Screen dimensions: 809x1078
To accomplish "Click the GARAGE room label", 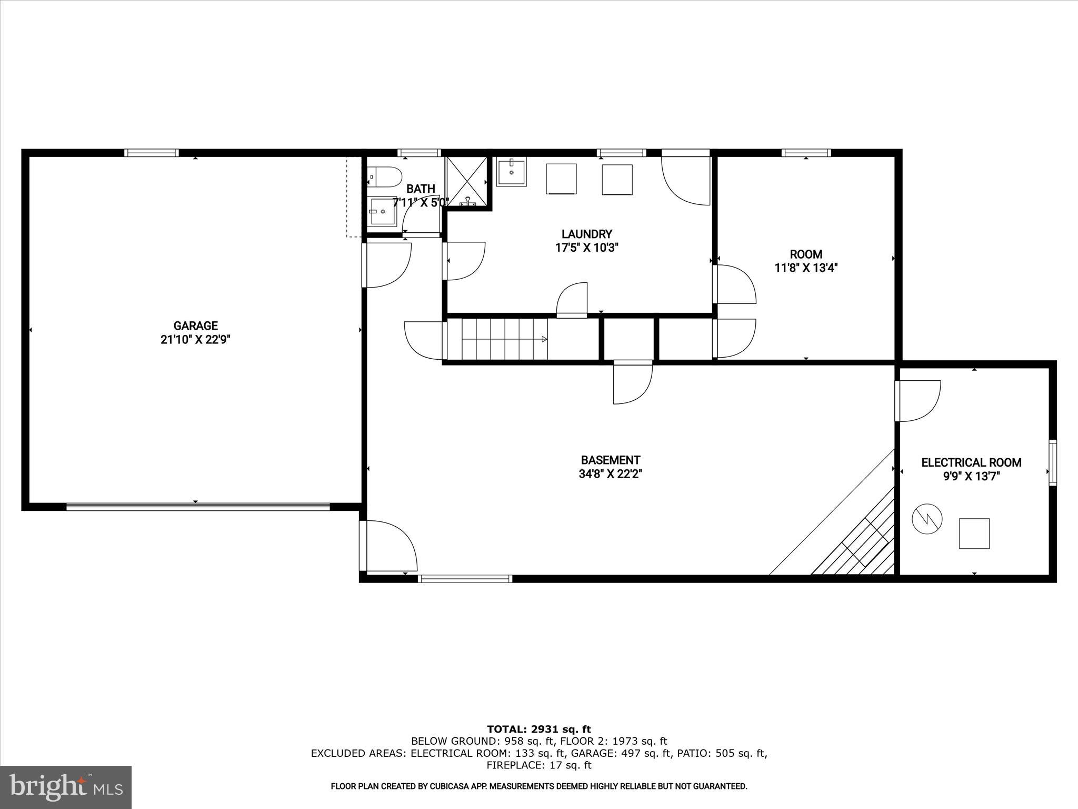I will coord(195,326).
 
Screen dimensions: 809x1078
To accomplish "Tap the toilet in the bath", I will coord(383,177).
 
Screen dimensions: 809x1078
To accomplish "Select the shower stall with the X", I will coord(466,181).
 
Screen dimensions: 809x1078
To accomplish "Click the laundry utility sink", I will coord(511,171).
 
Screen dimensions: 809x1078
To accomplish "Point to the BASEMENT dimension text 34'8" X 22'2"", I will coord(610,474).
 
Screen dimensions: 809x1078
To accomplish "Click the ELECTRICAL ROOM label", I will coord(971,463).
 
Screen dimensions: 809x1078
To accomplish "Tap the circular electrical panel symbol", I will coord(927,520).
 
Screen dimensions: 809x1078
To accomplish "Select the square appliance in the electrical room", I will coord(974,534).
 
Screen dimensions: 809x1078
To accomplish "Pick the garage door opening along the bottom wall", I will coord(198,507).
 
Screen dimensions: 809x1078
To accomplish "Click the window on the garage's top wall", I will coord(152,153).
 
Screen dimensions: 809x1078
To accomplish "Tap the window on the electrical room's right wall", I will coord(1052,462).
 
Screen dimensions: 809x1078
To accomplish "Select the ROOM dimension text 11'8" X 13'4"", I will coord(806,268).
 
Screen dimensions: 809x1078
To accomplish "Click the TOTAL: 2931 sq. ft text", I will coord(539,729).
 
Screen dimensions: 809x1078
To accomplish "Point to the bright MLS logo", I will coord(66,787).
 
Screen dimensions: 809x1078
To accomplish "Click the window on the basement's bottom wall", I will coord(465,579).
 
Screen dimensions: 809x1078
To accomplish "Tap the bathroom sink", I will coord(382,211).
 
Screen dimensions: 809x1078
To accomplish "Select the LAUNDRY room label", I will coord(586,234).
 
